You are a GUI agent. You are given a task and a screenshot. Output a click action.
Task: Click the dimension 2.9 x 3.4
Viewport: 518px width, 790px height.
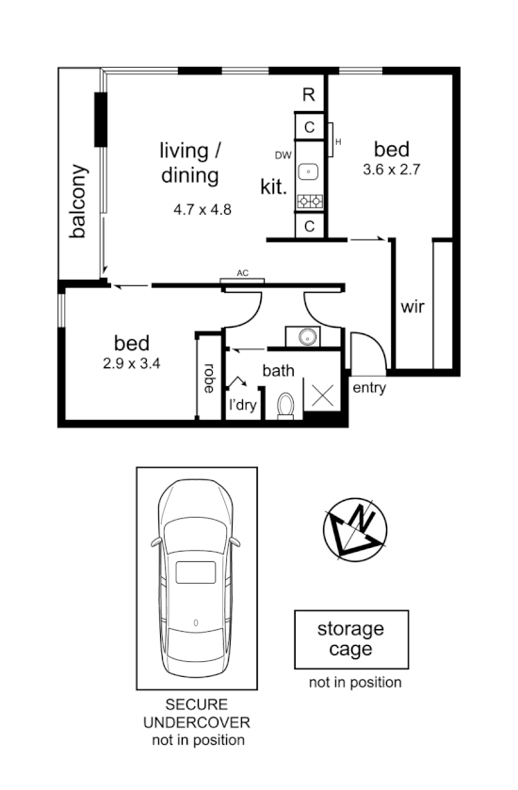click(131, 363)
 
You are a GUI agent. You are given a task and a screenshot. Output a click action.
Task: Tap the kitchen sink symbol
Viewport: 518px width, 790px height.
click(309, 171)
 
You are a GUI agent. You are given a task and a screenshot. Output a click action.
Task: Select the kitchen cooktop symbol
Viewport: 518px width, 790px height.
click(309, 201)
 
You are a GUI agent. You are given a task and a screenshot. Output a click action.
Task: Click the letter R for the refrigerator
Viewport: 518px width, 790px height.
click(308, 94)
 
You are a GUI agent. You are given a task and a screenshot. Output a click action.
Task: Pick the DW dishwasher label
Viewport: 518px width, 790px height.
click(283, 155)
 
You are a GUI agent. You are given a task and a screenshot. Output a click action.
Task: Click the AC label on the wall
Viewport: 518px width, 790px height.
click(242, 273)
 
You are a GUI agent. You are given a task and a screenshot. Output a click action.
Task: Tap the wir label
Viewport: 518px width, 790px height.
click(413, 308)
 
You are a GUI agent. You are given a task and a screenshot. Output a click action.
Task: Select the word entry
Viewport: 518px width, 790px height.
click(367, 387)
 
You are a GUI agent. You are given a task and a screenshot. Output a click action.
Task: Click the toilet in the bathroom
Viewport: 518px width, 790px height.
click(287, 404)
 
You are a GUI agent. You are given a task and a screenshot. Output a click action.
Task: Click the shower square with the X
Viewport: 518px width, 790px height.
click(323, 395)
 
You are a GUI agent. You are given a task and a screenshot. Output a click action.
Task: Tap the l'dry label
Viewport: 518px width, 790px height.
click(243, 406)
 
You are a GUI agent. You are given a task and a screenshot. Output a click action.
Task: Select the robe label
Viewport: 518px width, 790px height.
click(208, 379)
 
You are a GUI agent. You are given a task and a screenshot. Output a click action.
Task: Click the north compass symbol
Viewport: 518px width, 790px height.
click(356, 527)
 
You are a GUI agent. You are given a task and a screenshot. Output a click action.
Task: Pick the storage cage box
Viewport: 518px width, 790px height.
click(351, 639)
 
